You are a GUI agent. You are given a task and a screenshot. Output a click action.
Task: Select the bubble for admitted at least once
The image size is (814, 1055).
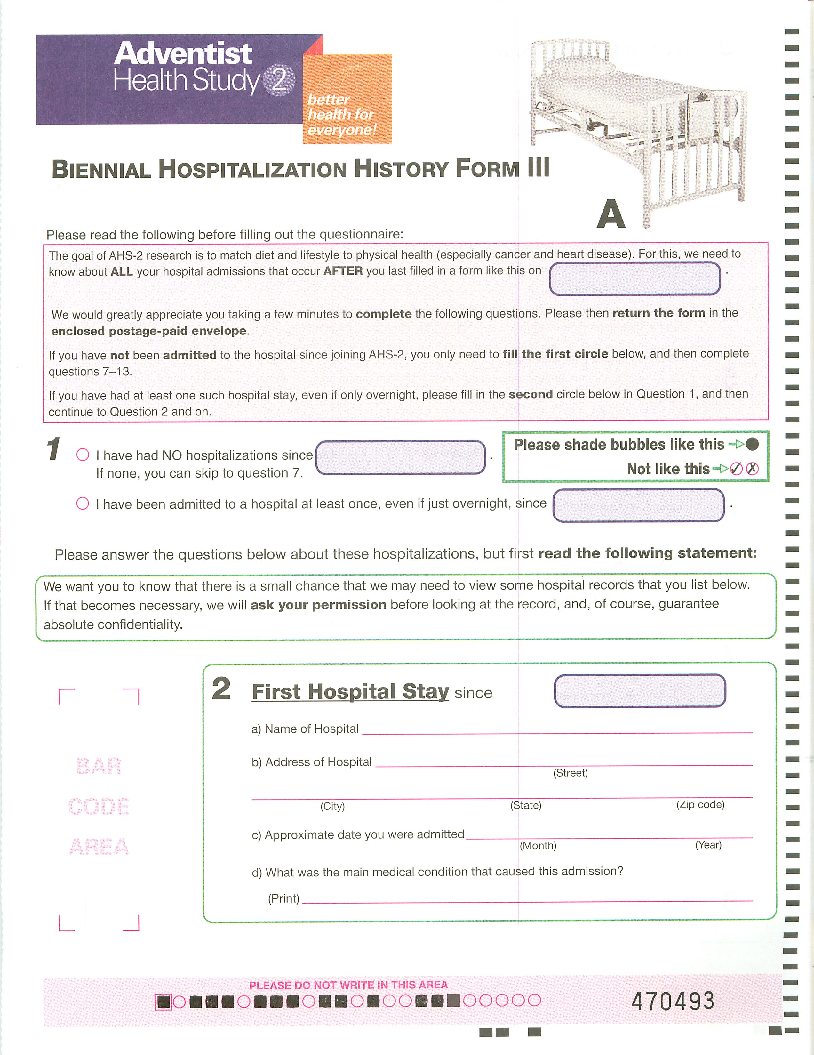83,503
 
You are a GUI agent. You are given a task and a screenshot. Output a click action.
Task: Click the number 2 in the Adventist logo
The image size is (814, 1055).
279,80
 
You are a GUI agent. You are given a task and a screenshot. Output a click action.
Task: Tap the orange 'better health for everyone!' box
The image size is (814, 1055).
347,99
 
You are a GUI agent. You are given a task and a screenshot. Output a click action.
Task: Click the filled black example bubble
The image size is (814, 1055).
752,444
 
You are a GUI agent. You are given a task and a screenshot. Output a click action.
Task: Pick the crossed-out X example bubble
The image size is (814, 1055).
752,469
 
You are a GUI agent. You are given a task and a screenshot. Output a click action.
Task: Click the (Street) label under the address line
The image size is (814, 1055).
570,773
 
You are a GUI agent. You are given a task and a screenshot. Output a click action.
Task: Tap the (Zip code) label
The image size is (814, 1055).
700,805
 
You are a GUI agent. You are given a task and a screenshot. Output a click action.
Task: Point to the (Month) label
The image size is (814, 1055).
538,845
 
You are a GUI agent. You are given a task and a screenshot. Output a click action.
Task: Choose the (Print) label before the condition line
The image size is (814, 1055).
283,898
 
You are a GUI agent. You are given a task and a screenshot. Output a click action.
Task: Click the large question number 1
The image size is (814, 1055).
53,449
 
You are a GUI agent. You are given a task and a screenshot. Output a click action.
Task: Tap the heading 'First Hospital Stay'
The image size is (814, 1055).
350,691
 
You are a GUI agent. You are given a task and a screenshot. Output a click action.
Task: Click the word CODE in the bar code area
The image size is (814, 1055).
99,807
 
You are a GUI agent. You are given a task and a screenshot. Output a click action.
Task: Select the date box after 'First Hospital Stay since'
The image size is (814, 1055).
640,691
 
